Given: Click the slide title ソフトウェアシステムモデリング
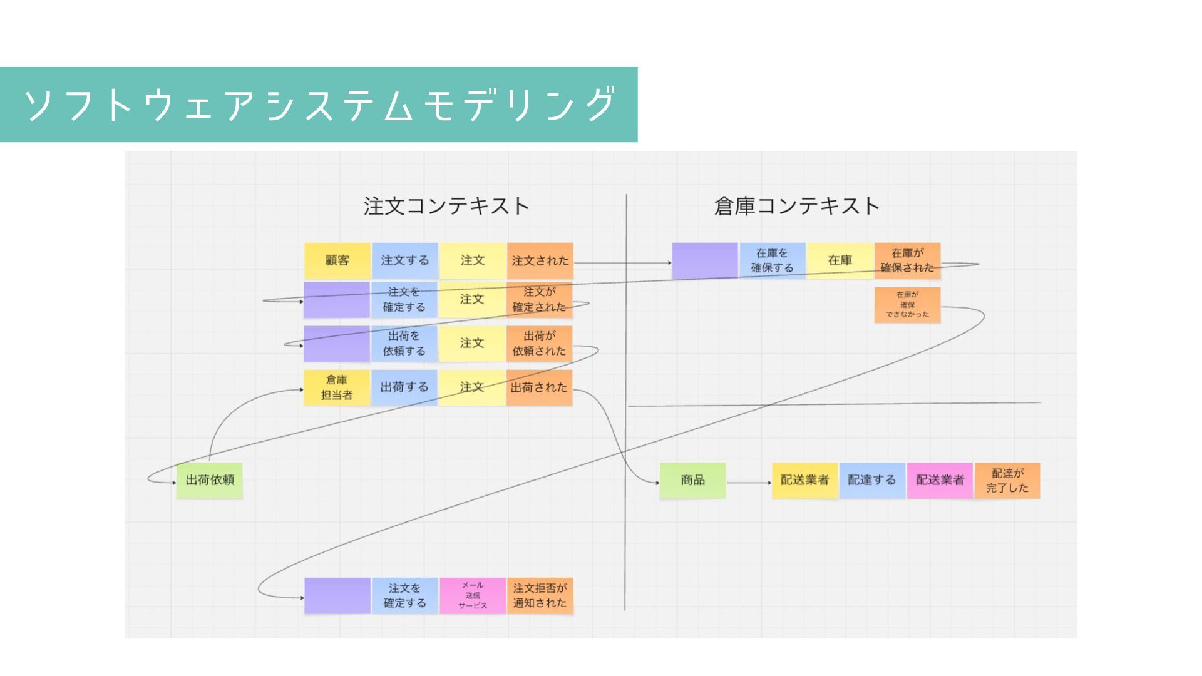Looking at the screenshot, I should point(319,105).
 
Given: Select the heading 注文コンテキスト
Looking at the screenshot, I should point(446,206).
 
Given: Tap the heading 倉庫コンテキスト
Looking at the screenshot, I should point(796,206).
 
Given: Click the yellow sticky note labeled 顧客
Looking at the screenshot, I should point(337,260).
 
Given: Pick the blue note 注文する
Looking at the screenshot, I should point(405,260).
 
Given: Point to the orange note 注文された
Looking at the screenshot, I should point(540,260).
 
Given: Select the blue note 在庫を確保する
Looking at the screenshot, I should point(773,260).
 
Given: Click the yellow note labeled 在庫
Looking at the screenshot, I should point(840,260).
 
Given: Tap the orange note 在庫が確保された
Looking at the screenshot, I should point(907,260).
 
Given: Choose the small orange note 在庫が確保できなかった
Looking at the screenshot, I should point(907,305).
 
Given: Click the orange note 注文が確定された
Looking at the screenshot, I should point(539,300).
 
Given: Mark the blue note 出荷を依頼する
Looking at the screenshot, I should point(404,344).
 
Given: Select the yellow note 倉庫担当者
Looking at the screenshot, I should point(337,387).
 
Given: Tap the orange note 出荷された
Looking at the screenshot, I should point(539,387).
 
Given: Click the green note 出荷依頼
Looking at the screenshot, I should point(210,480).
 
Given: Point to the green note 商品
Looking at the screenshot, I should point(693,480).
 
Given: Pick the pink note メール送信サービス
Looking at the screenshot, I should point(473,595).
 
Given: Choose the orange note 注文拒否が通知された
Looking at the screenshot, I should point(540,595).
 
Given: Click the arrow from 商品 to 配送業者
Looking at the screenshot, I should point(749,483).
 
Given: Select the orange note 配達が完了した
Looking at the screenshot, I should point(1007,480).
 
